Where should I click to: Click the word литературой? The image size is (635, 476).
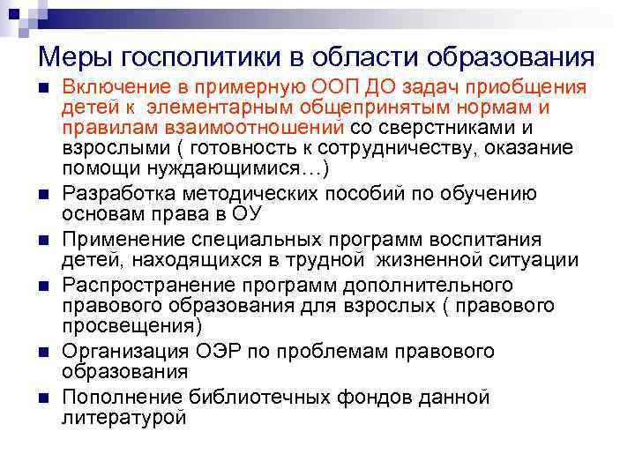(x=124, y=417)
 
